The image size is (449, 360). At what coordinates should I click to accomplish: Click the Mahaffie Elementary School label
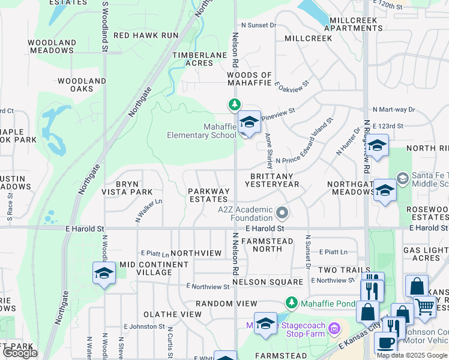point(201,131)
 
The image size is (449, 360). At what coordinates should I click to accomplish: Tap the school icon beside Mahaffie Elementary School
point(249,123)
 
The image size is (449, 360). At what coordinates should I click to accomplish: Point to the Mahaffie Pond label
point(328,304)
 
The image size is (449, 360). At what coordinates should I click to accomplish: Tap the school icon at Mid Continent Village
point(104,274)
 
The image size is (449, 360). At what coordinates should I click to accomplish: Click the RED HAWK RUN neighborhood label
point(146,35)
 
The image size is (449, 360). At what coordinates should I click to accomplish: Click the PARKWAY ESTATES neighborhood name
point(209,196)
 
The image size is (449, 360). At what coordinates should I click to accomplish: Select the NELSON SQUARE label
point(268,282)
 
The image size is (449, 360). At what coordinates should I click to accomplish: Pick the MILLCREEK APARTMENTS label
point(354,24)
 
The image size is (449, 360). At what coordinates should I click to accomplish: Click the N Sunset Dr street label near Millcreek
point(258,25)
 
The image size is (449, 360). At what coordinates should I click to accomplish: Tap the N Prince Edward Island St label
point(304,160)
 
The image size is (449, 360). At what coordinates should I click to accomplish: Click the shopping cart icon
point(425,307)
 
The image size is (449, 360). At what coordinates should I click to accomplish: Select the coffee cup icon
point(385,343)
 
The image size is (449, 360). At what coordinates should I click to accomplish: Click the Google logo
point(20,353)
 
